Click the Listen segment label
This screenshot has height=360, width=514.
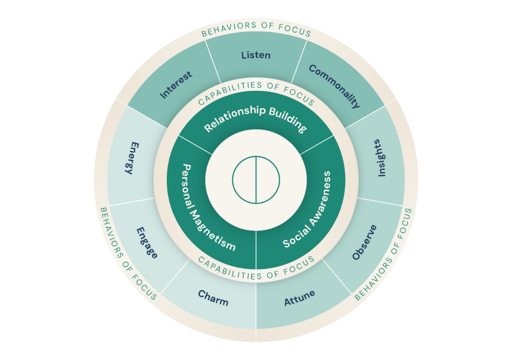(256, 55)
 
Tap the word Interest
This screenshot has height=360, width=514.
(176, 85)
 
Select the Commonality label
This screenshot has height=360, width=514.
(334, 86)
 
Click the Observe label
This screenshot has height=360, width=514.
(365, 242)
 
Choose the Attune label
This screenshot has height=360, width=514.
(300, 298)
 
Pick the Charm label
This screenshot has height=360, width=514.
(213, 298)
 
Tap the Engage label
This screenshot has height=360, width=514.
(147, 242)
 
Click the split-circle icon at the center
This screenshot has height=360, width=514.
(256, 180)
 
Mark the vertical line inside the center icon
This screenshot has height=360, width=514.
(256, 180)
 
